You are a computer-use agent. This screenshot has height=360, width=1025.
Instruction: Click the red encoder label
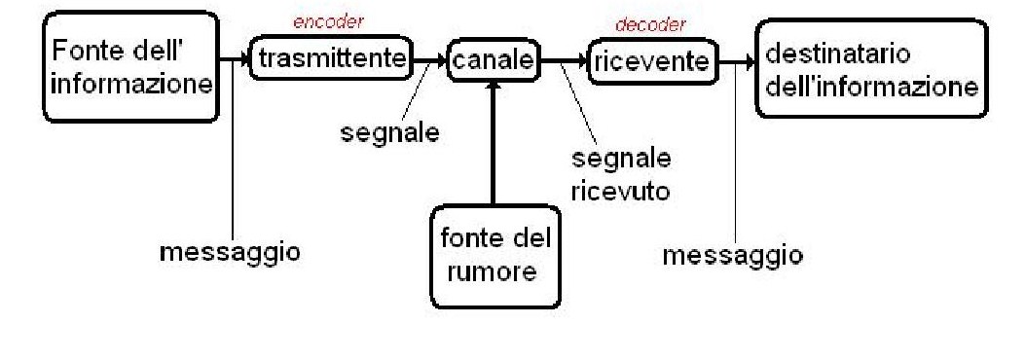(328, 22)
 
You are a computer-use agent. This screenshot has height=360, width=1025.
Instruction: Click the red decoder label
(650, 25)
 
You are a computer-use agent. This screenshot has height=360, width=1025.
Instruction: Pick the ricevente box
(652, 62)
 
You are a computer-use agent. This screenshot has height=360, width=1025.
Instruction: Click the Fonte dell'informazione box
(130, 66)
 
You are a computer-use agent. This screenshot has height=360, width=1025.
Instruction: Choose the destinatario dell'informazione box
(871, 69)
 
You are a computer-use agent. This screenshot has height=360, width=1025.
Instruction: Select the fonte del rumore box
(494, 258)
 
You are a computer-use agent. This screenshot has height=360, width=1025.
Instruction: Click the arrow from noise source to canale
(494, 144)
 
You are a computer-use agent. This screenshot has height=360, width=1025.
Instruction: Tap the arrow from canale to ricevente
(566, 62)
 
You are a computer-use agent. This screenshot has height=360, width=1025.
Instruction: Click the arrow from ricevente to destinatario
(737, 63)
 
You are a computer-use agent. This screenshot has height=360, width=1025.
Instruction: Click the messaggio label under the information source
(230, 252)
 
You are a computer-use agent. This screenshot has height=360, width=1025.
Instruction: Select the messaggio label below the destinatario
(733, 255)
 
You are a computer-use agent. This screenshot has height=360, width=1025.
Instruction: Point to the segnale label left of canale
(389, 133)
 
